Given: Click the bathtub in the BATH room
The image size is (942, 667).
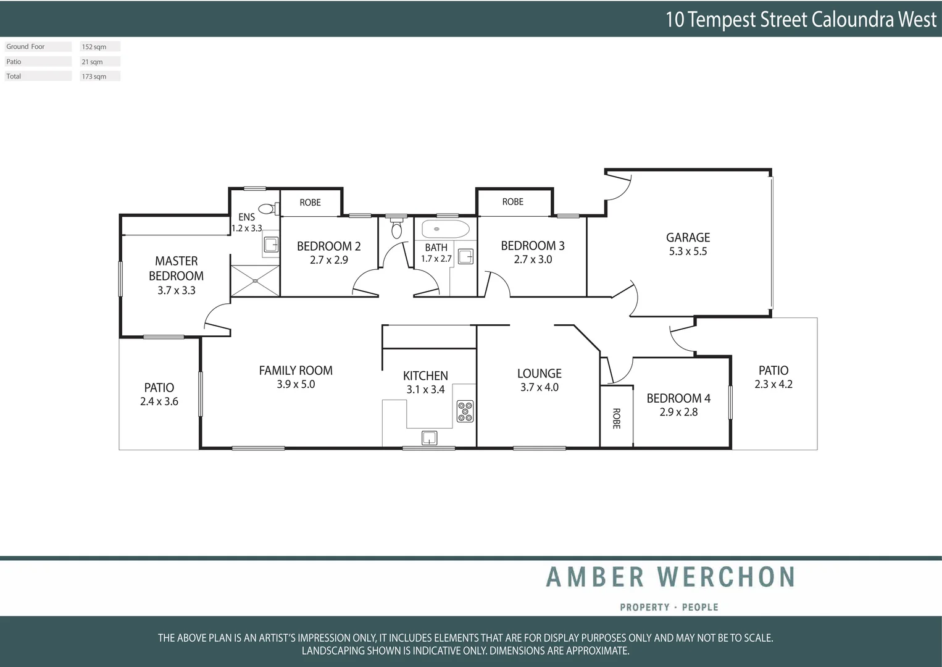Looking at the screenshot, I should pos(445,229).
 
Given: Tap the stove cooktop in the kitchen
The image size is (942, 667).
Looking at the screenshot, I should pos(465,411).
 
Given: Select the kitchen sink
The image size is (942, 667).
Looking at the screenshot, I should pos(429,438).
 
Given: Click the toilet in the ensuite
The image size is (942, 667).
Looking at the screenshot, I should pos(267,209).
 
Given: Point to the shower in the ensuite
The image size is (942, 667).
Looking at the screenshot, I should pos(255,281).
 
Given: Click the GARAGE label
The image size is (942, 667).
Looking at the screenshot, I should pos(688,238).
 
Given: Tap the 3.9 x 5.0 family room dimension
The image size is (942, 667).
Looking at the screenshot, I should pos(296,384).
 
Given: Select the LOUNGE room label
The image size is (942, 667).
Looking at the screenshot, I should pos(539,374).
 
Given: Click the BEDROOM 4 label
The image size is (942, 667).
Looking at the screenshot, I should pos(678,398).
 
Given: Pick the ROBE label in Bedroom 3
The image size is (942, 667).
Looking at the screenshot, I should pos(512,202).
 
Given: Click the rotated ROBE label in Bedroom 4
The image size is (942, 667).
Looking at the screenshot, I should pos(616,418).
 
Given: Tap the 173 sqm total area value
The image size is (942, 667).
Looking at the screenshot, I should pos(94,77).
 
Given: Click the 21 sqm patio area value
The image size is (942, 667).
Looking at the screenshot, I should pos(92,62).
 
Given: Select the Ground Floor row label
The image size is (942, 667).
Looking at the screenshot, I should pos(25,47).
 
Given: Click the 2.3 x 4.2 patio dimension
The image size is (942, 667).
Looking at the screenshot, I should pos(773,384).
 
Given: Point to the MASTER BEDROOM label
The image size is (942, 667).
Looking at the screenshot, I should pos(176,269).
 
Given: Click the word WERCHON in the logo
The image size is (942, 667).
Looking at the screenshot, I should pos(726,577).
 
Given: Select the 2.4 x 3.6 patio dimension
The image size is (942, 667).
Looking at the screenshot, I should pos(159,401).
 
